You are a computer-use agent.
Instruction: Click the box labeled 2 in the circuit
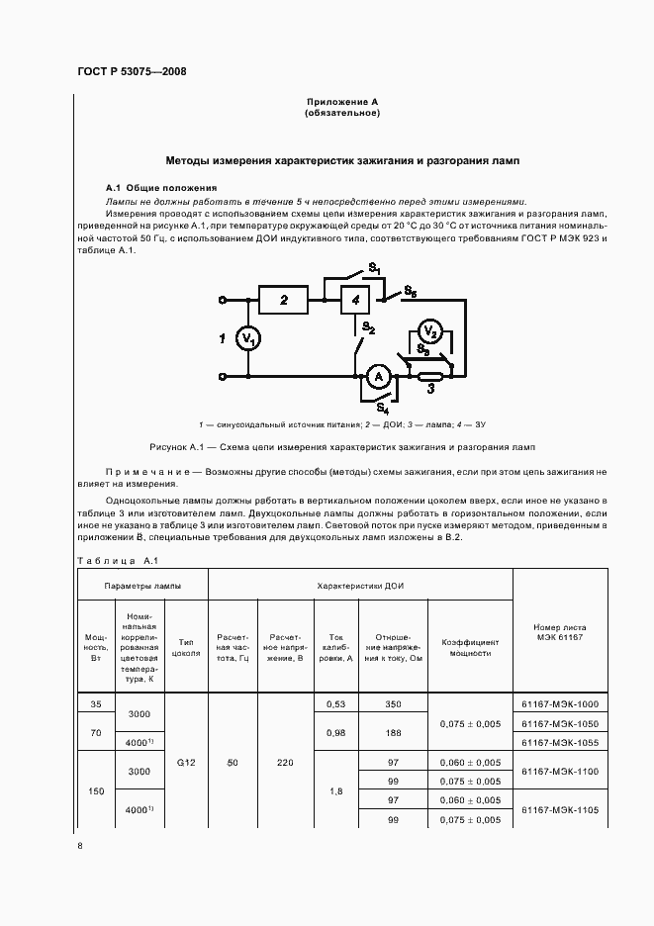coord(284,300)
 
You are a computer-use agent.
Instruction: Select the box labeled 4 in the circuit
coord(357,300)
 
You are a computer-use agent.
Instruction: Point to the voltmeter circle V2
coord(427,331)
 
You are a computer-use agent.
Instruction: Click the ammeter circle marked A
coord(376,376)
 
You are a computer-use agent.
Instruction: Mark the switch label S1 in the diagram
coord(375,268)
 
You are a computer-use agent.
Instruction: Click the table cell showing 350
coord(393,703)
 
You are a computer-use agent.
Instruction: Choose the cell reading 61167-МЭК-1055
coord(559,741)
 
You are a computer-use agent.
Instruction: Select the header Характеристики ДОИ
coord(359,586)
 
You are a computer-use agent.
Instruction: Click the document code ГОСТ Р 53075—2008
coord(132,72)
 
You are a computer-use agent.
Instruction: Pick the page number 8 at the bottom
coord(80,846)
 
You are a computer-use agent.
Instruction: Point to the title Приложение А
coord(341,103)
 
